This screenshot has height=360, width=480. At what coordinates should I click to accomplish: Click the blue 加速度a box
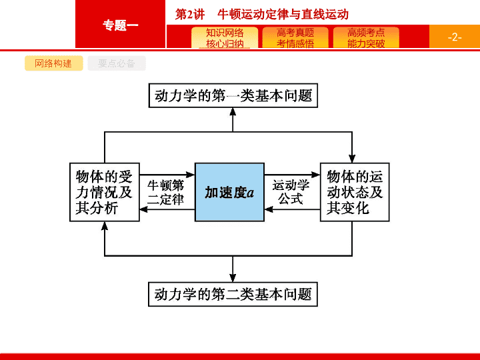click(x=229, y=192)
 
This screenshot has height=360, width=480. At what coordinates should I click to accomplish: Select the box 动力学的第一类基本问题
click(x=233, y=95)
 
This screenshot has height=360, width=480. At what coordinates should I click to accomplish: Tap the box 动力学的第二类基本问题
click(x=233, y=294)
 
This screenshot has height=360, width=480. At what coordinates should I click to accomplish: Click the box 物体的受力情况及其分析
click(x=105, y=192)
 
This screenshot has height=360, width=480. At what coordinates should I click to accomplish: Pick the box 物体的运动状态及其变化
click(x=355, y=192)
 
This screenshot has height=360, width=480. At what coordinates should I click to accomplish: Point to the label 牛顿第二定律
click(x=165, y=192)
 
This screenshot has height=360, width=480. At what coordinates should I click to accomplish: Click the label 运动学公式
click(x=291, y=192)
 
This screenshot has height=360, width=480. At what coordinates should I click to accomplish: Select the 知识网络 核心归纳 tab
click(x=225, y=37)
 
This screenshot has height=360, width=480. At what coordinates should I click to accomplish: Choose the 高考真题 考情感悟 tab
click(x=295, y=37)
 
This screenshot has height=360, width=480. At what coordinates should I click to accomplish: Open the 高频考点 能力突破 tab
click(x=366, y=37)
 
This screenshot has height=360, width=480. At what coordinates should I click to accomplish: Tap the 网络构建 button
click(x=53, y=63)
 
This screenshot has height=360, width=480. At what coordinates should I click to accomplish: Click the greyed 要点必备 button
click(x=117, y=63)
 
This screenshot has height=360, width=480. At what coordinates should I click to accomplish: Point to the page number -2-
click(x=455, y=37)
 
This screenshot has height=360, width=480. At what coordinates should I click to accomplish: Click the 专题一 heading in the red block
click(x=120, y=25)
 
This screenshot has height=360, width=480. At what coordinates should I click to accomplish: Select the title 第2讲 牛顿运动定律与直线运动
click(x=262, y=14)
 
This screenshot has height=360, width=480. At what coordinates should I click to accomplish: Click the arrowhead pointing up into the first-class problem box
click(x=233, y=111)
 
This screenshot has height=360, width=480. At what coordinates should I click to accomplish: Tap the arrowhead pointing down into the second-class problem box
click(x=233, y=278)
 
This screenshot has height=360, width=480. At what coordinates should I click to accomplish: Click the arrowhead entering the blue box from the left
click(x=191, y=175)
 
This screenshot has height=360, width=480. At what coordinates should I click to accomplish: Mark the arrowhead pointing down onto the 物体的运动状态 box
click(x=352, y=159)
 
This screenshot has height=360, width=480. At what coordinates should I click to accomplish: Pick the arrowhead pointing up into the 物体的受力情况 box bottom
click(x=105, y=225)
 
